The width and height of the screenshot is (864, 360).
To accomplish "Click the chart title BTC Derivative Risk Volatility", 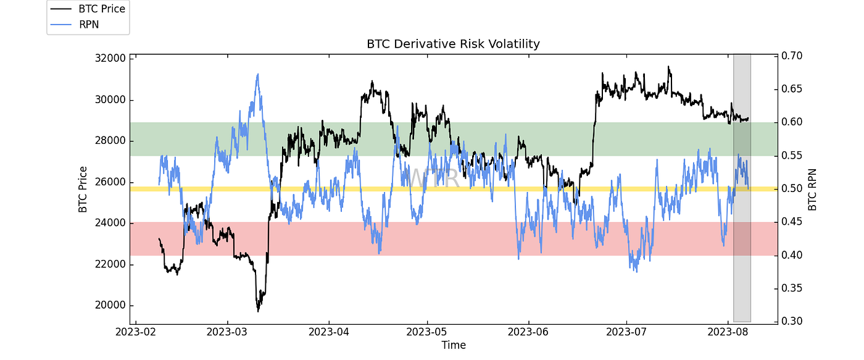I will tap(453, 44).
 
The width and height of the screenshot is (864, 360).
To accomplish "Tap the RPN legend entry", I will tap(88, 24).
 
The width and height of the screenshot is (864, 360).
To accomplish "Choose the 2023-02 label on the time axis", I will tap(136, 333).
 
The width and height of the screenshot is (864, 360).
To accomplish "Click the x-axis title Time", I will tap(453, 345).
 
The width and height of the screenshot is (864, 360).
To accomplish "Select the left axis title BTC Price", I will tap(83, 190).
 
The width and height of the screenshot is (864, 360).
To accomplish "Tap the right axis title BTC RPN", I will tap(812, 190).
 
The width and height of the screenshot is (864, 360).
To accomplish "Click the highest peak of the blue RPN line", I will tap(257, 74).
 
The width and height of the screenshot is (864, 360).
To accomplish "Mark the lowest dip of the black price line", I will tap(258, 311).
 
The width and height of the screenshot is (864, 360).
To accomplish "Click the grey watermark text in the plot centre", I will tap(434, 178).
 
